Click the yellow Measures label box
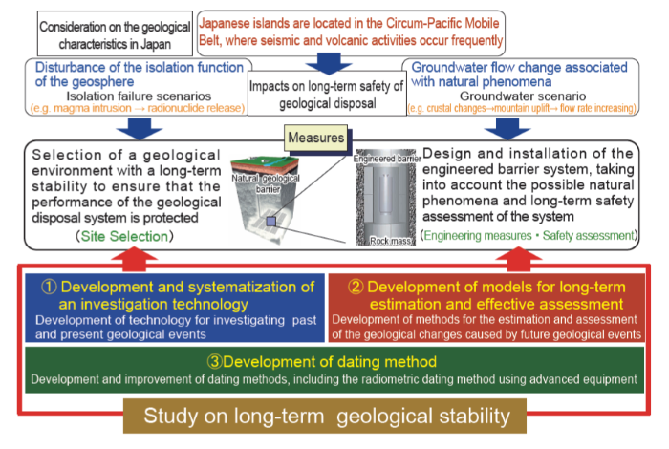tap(315, 138)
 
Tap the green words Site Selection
tap(124, 236)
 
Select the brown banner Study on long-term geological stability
tap(325, 416)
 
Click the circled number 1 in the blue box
tap(49, 287)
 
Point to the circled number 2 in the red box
tap(356, 287)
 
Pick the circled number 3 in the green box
tap(215, 361)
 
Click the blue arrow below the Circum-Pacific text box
tap(329, 64)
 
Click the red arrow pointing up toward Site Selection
tap(134, 260)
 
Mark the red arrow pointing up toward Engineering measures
tap(519, 260)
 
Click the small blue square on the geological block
tap(270, 222)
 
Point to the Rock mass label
tap(392, 241)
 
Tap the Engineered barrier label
tap(387, 159)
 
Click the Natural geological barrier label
tap(266, 183)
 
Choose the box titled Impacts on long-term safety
tap(327, 94)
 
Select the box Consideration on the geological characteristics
tap(115, 33)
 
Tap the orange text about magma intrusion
tap(138, 108)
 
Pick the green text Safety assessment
tap(589, 236)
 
